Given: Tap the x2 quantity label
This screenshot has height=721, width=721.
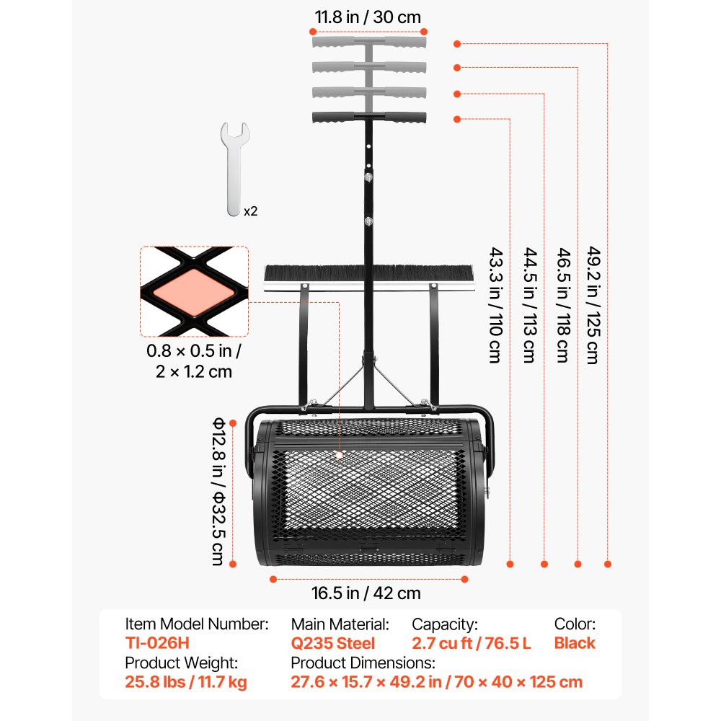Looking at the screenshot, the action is (251, 211).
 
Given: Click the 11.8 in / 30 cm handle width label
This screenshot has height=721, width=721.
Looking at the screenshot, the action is (368, 17).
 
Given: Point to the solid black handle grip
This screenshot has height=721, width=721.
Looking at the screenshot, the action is (369, 118).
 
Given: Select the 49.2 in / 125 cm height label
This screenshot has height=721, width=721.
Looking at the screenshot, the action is (593, 305).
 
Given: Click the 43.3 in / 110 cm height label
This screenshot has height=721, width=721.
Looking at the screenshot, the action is (496, 305).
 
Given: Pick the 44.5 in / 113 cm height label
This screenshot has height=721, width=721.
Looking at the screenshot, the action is (530, 305).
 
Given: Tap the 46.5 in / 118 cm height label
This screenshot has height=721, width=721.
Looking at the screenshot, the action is (564, 305).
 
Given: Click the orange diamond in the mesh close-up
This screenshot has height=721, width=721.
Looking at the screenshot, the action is (193, 293).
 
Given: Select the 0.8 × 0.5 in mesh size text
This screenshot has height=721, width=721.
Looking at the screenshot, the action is (193, 351).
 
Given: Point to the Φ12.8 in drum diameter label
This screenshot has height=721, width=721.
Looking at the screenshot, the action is (218, 491).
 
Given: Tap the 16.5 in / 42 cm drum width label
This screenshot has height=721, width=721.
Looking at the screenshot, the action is (366, 593).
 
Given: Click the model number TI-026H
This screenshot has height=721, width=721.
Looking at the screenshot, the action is (157, 643).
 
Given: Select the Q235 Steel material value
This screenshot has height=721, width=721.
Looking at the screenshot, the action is (333, 643).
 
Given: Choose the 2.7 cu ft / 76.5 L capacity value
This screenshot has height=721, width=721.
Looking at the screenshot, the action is (472, 643).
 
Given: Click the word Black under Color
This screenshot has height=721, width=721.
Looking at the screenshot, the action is (575, 643).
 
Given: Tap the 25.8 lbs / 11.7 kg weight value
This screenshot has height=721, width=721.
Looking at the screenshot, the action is (186, 682).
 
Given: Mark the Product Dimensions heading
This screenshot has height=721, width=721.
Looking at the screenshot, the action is (363, 663).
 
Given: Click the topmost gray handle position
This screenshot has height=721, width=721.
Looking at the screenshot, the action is (369, 43).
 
